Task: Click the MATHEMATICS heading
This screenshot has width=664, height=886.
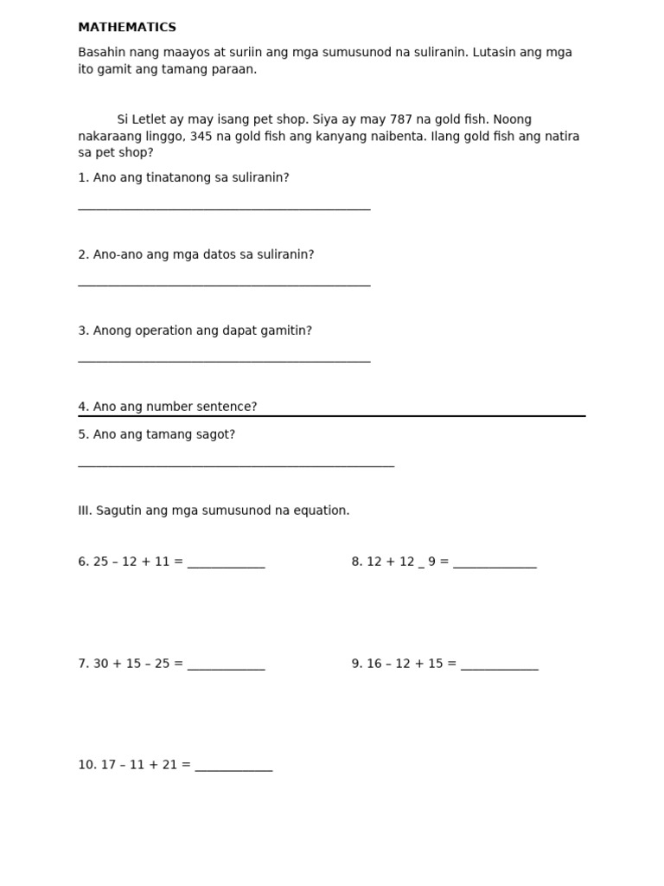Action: [127, 28]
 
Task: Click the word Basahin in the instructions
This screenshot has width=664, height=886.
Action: [100, 53]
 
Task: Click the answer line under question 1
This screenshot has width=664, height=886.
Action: [224, 209]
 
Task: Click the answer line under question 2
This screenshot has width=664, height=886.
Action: [224, 284]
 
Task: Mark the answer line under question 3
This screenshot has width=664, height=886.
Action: [224, 360]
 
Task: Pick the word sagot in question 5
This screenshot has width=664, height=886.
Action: [217, 434]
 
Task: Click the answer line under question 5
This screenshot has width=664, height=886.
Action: [236, 465]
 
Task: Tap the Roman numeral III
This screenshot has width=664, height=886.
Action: [85, 510]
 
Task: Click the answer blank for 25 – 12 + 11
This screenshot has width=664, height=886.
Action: [226, 566]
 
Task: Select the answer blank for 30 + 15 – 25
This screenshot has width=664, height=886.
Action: [226, 668]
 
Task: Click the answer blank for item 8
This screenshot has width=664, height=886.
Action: [495, 566]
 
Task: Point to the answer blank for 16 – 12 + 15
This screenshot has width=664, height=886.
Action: [499, 668]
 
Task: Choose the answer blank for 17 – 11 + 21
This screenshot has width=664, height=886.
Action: [233, 769]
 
